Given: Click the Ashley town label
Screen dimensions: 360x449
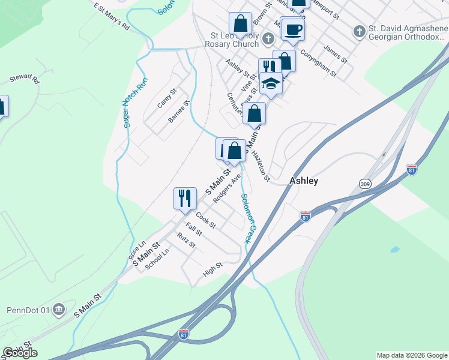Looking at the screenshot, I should [x=304, y=180].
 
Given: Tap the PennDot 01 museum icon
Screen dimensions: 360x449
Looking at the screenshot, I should [x=59, y=310].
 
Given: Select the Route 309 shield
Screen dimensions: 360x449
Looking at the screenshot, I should [x=365, y=183].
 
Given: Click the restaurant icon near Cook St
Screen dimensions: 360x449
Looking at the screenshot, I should [x=185, y=197].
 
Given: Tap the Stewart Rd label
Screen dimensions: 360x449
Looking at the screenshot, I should [x=23, y=79].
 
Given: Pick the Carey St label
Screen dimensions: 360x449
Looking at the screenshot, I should [x=166, y=99].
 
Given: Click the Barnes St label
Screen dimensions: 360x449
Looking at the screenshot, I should [x=179, y=112].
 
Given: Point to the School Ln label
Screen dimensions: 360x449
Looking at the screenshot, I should [x=157, y=259].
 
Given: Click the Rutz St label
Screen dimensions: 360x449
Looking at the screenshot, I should [x=186, y=241].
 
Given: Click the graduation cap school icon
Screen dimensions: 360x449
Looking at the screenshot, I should [x=271, y=83].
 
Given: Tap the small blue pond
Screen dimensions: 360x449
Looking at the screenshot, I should [x=394, y=249].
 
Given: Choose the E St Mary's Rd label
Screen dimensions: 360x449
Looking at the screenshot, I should [x=112, y=16].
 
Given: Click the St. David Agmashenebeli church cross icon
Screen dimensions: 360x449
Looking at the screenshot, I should [x=358, y=31].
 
